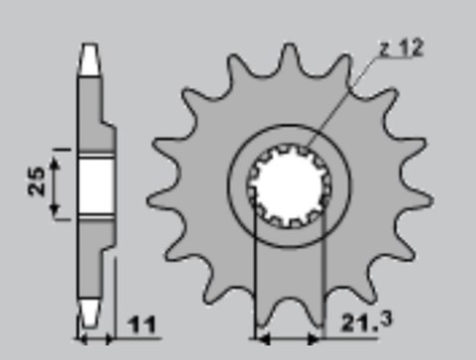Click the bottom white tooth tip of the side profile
pyautogui.click(x=91, y=316)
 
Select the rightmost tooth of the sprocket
pyautogui.click(x=423, y=194)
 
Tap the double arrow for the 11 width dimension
pyautogui.click(x=97, y=338)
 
